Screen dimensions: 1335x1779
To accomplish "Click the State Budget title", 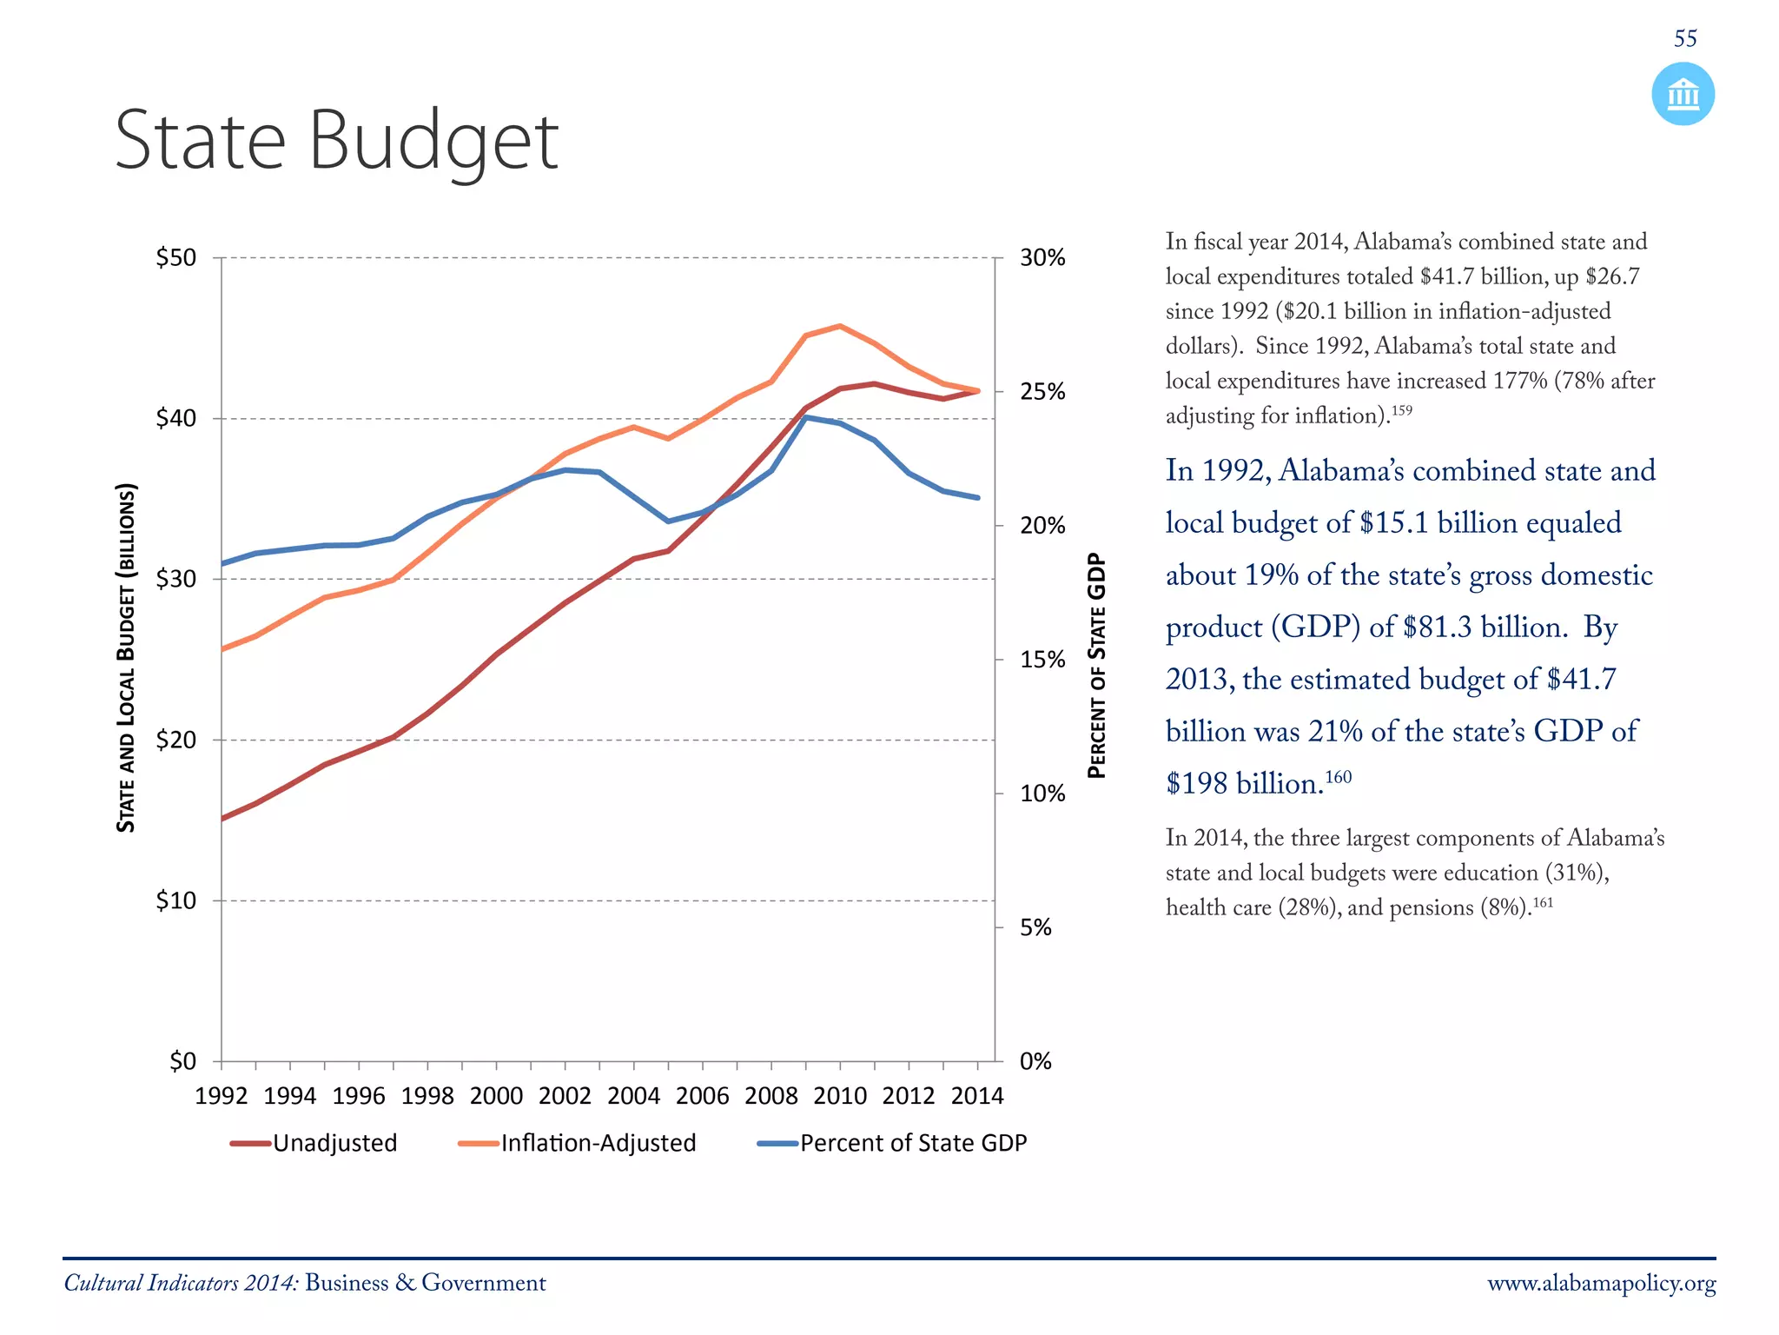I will (336, 141).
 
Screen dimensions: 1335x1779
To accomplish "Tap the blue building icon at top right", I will (1683, 94).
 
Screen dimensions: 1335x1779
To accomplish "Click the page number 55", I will (1684, 38).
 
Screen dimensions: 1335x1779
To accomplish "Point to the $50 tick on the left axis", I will (176, 258).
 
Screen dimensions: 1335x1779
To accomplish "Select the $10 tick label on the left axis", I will (176, 900).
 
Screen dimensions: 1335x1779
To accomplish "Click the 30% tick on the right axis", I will (1042, 258).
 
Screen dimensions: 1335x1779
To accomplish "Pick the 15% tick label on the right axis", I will (1042, 660).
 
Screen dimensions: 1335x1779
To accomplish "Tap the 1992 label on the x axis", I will (222, 1096).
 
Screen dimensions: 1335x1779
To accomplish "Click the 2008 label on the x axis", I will (770, 1096).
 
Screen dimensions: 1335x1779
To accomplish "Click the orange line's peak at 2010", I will (840, 326).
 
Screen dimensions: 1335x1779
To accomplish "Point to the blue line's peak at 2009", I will (806, 417).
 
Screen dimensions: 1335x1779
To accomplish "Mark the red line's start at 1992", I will (222, 819).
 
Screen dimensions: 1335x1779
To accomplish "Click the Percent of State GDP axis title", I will (1097, 665).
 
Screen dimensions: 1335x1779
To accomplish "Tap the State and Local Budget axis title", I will (127, 657).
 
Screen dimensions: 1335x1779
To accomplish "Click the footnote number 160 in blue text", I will (1339, 776).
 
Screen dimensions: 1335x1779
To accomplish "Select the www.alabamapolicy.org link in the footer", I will (1601, 1284).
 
